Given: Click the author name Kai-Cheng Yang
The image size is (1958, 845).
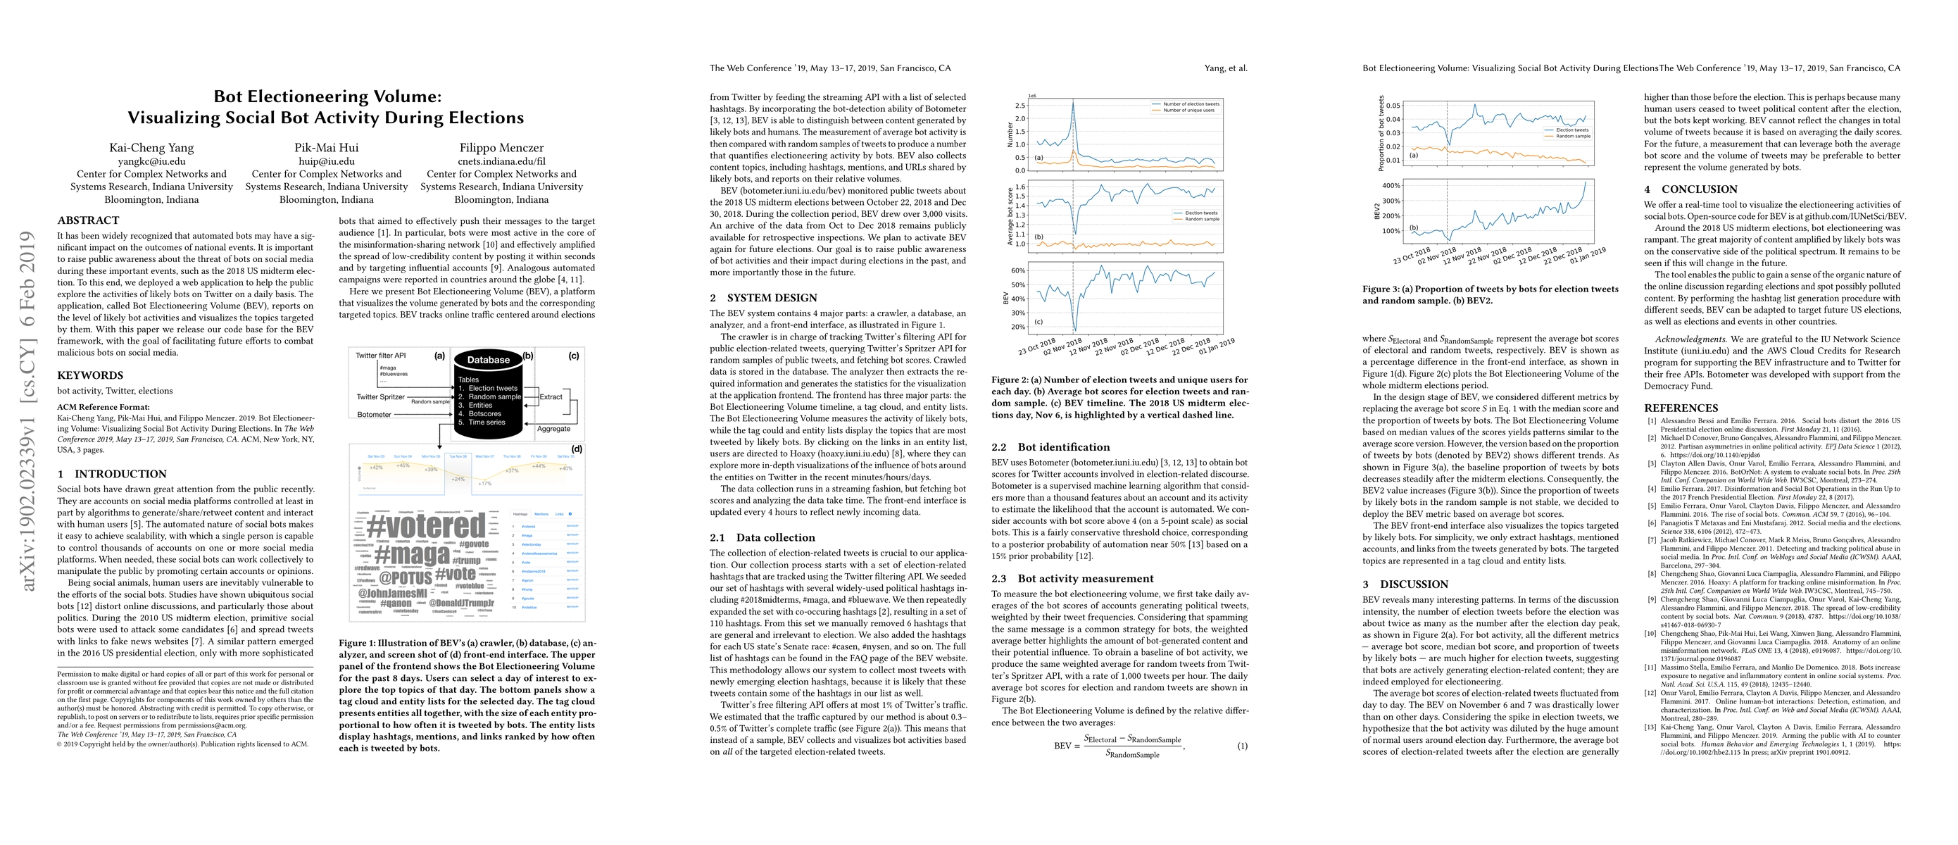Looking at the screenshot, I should tap(151, 147).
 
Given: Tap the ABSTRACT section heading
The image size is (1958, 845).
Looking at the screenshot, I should tap(88, 220).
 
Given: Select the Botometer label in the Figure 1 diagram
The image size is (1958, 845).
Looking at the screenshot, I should tap(374, 414).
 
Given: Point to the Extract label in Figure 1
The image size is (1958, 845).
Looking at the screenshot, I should tap(551, 396).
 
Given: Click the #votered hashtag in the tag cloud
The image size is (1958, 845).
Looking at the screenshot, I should tap(426, 525).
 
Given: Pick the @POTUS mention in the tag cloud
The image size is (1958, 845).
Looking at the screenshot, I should tap(405, 578).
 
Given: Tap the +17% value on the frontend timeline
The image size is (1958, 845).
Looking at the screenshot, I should tap(484, 483).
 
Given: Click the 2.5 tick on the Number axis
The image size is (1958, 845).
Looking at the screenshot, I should tap(1020, 105).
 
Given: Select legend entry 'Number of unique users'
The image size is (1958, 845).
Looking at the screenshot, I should tap(1190, 110).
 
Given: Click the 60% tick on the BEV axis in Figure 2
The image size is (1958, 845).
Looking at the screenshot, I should tap(1018, 270).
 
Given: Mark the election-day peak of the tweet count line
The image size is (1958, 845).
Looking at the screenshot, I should tap(1073, 102).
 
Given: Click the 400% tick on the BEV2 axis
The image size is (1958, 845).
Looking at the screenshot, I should tap(1391, 185).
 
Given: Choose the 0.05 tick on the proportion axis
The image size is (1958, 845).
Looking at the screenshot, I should tap(1393, 106).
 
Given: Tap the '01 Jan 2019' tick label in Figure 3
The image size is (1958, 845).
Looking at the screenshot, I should tap(1587, 256).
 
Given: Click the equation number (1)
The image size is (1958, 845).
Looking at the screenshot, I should tap(1242, 746).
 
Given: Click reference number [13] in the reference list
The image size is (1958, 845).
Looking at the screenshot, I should tap(1652, 728).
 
